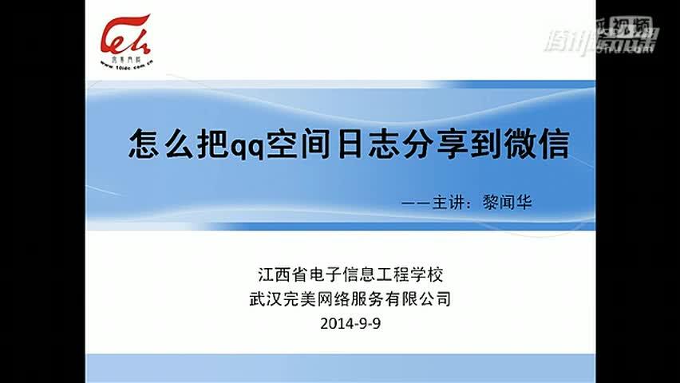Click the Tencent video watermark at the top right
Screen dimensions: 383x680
(599, 36)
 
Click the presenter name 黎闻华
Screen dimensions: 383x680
(507, 201)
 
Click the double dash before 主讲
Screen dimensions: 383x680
(417, 202)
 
